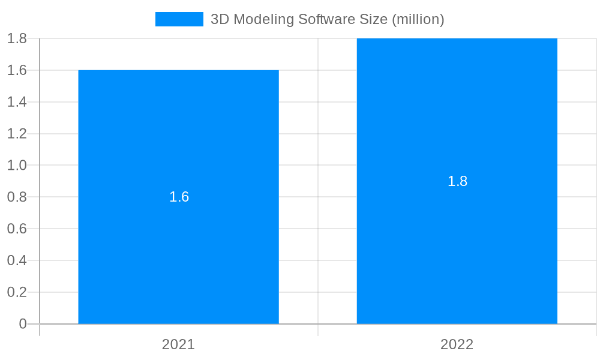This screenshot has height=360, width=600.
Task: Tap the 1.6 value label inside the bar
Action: click(x=179, y=197)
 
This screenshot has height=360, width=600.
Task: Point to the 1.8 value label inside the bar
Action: click(x=457, y=181)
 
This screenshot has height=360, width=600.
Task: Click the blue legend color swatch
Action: click(x=179, y=19)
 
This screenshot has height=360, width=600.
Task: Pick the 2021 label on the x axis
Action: click(x=178, y=344)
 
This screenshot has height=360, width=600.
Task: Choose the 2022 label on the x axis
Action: click(x=457, y=344)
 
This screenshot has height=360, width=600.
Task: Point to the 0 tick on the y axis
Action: click(x=23, y=324)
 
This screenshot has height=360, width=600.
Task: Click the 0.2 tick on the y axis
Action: click(x=17, y=292)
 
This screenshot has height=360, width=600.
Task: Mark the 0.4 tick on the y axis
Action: click(x=17, y=260)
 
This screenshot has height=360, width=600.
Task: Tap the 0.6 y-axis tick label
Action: click(x=17, y=229)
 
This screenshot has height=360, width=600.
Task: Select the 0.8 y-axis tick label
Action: click(x=17, y=197)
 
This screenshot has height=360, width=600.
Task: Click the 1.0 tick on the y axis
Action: click(x=17, y=165)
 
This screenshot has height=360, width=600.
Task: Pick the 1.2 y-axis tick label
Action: click(x=17, y=134)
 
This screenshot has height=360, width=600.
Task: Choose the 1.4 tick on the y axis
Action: click(x=17, y=102)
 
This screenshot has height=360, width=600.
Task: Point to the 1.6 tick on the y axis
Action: click(x=17, y=70)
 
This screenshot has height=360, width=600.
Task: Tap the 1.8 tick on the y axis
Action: click(x=17, y=38)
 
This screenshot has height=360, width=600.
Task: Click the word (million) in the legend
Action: click(x=418, y=19)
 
